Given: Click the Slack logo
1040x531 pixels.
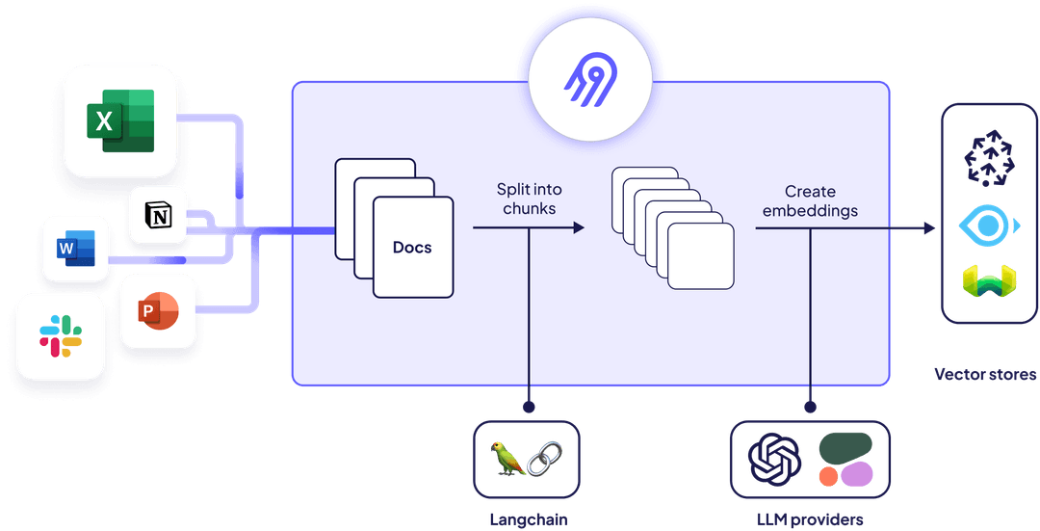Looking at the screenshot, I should [x=61, y=336].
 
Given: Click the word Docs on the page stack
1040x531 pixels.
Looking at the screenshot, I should [x=412, y=248].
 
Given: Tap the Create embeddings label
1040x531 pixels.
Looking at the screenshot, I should [x=809, y=201].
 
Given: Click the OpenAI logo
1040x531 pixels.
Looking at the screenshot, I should [x=775, y=459].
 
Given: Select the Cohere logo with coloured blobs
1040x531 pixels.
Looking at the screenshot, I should [x=845, y=459].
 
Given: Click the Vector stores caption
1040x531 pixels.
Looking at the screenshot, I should [x=985, y=373].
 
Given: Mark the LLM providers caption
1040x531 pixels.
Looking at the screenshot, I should [x=810, y=518].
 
